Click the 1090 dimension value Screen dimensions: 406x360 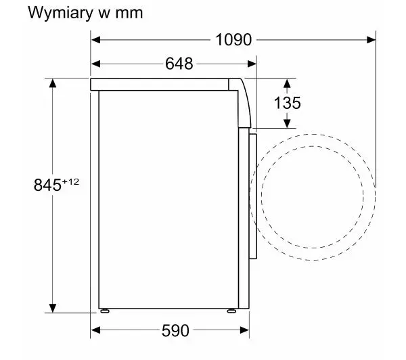(233, 40)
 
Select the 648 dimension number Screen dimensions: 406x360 (179, 64)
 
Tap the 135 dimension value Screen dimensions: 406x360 (287, 103)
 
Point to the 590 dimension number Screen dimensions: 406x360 (175, 330)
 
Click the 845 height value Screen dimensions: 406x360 (47, 185)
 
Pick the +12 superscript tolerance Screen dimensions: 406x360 (70, 182)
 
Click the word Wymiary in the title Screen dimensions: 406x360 (60, 13)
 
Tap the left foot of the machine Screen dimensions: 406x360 (105, 311)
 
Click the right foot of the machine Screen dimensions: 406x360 (231, 311)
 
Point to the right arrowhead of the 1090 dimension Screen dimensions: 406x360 (371, 40)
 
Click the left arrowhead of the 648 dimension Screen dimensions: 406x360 (95, 64)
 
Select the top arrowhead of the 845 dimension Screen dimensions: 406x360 (53, 83)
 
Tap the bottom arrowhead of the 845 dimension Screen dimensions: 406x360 (53, 308)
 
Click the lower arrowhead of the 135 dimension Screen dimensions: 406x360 (287, 124)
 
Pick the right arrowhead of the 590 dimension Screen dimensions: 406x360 (244, 330)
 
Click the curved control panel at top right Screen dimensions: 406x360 (244, 104)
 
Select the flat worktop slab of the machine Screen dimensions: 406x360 (159, 85)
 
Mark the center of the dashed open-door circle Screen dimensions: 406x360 (312, 197)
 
